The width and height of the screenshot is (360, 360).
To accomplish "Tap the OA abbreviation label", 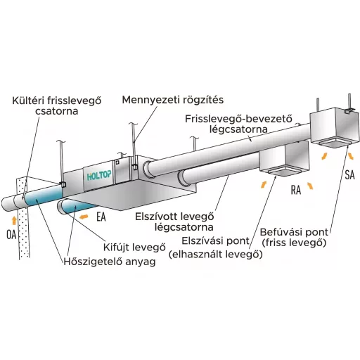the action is click(11, 235).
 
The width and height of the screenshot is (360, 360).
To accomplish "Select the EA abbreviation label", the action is click(101, 217).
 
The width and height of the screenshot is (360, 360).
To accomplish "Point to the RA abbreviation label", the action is click(296, 190).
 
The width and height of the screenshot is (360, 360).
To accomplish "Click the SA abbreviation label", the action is click(349, 175).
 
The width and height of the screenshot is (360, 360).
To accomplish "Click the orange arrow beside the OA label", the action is click(14, 221).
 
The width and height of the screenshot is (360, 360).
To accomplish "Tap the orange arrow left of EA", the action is click(84, 217).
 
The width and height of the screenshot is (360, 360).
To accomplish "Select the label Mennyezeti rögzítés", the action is click(173, 100).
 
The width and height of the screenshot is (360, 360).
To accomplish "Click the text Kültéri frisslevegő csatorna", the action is click(57, 105).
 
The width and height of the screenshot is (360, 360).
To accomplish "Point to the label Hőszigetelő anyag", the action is click(110, 262).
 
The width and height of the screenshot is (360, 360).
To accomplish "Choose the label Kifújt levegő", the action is click(134, 247).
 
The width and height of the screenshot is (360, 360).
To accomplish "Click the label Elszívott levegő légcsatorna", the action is click(174, 221).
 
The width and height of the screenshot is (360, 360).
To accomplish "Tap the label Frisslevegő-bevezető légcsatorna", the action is click(238, 124).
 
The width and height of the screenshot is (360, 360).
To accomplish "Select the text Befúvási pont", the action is click(294, 232).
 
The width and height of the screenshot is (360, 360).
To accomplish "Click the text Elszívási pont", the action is click(215, 240).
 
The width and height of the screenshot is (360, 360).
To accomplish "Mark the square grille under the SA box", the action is click(334, 143).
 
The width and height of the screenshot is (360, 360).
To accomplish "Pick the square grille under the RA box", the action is click(283, 171).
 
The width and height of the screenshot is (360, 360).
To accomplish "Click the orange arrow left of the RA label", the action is click(264, 184).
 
